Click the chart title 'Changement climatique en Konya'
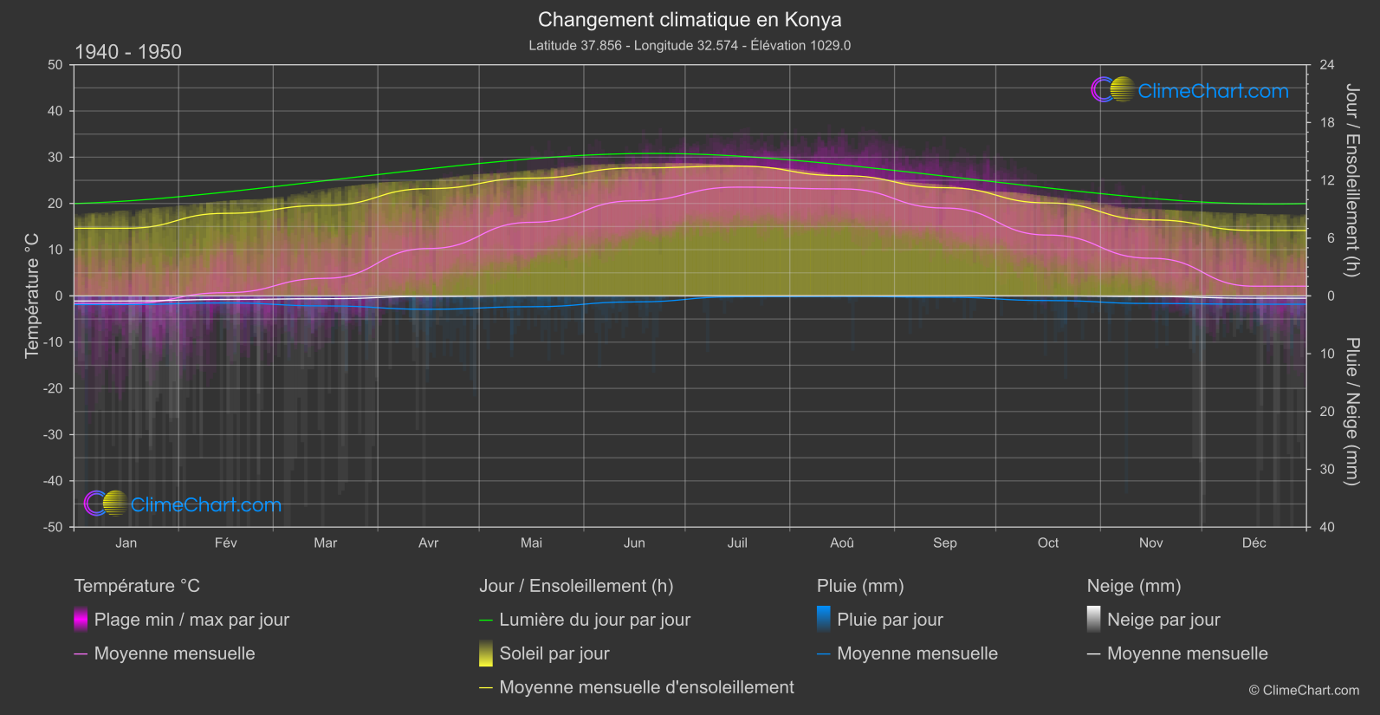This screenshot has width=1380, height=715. coord(690,19)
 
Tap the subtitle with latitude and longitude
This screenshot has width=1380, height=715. coord(690,45)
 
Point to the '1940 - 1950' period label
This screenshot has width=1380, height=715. coord(128,52)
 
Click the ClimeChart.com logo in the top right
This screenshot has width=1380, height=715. coord(1189,90)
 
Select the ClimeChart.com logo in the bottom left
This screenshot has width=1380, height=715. coord(183,504)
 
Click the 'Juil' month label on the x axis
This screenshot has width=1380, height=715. coord(737,543)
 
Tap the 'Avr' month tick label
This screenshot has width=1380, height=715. coord(428,543)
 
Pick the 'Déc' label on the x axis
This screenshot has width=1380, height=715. coord(1254,543)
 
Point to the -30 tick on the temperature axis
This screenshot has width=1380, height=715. coord(54,434)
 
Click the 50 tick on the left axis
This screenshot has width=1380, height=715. coord(55,65)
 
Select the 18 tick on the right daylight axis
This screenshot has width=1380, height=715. coord(1327,123)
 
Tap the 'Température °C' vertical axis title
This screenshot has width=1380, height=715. coord(32,296)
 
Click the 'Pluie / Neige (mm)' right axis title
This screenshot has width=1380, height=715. coord(1351,412)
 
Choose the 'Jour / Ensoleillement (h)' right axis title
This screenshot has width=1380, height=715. coord(1351,180)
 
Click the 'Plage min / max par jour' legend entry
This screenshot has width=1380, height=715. coord(191,620)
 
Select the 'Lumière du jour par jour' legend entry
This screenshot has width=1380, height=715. coord(594,620)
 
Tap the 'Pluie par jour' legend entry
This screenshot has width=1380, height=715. coord(890,620)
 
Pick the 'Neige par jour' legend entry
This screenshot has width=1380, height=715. coord(1163,620)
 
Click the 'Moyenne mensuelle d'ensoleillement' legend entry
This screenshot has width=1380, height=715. coord(646,687)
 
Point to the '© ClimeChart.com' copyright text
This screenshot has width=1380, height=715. coord(1304,690)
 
